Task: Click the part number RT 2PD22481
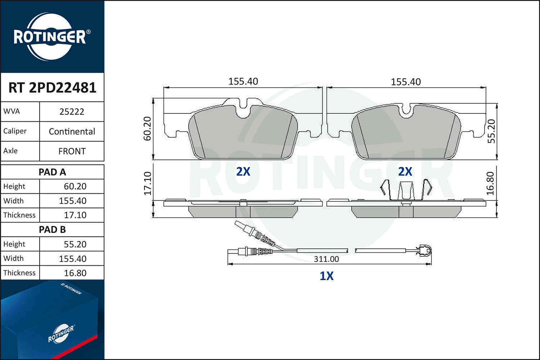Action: (x=52, y=87)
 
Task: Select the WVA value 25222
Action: (x=72, y=112)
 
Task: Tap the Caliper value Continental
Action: (x=72, y=131)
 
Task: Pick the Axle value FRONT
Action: (x=72, y=151)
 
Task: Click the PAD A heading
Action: (x=52, y=172)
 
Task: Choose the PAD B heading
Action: (x=52, y=230)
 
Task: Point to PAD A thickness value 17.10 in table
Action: (x=75, y=215)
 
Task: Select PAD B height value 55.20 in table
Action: (x=75, y=244)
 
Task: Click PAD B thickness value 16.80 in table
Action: (x=75, y=273)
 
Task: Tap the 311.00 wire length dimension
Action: (x=326, y=259)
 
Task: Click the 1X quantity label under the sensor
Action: (x=327, y=276)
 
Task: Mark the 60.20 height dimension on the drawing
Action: (x=148, y=129)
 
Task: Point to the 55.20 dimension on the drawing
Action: (x=491, y=131)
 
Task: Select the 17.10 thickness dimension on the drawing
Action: (x=148, y=183)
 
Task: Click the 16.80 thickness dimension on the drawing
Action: (x=490, y=183)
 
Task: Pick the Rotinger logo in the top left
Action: (x=50, y=37)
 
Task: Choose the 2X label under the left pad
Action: (x=243, y=171)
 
